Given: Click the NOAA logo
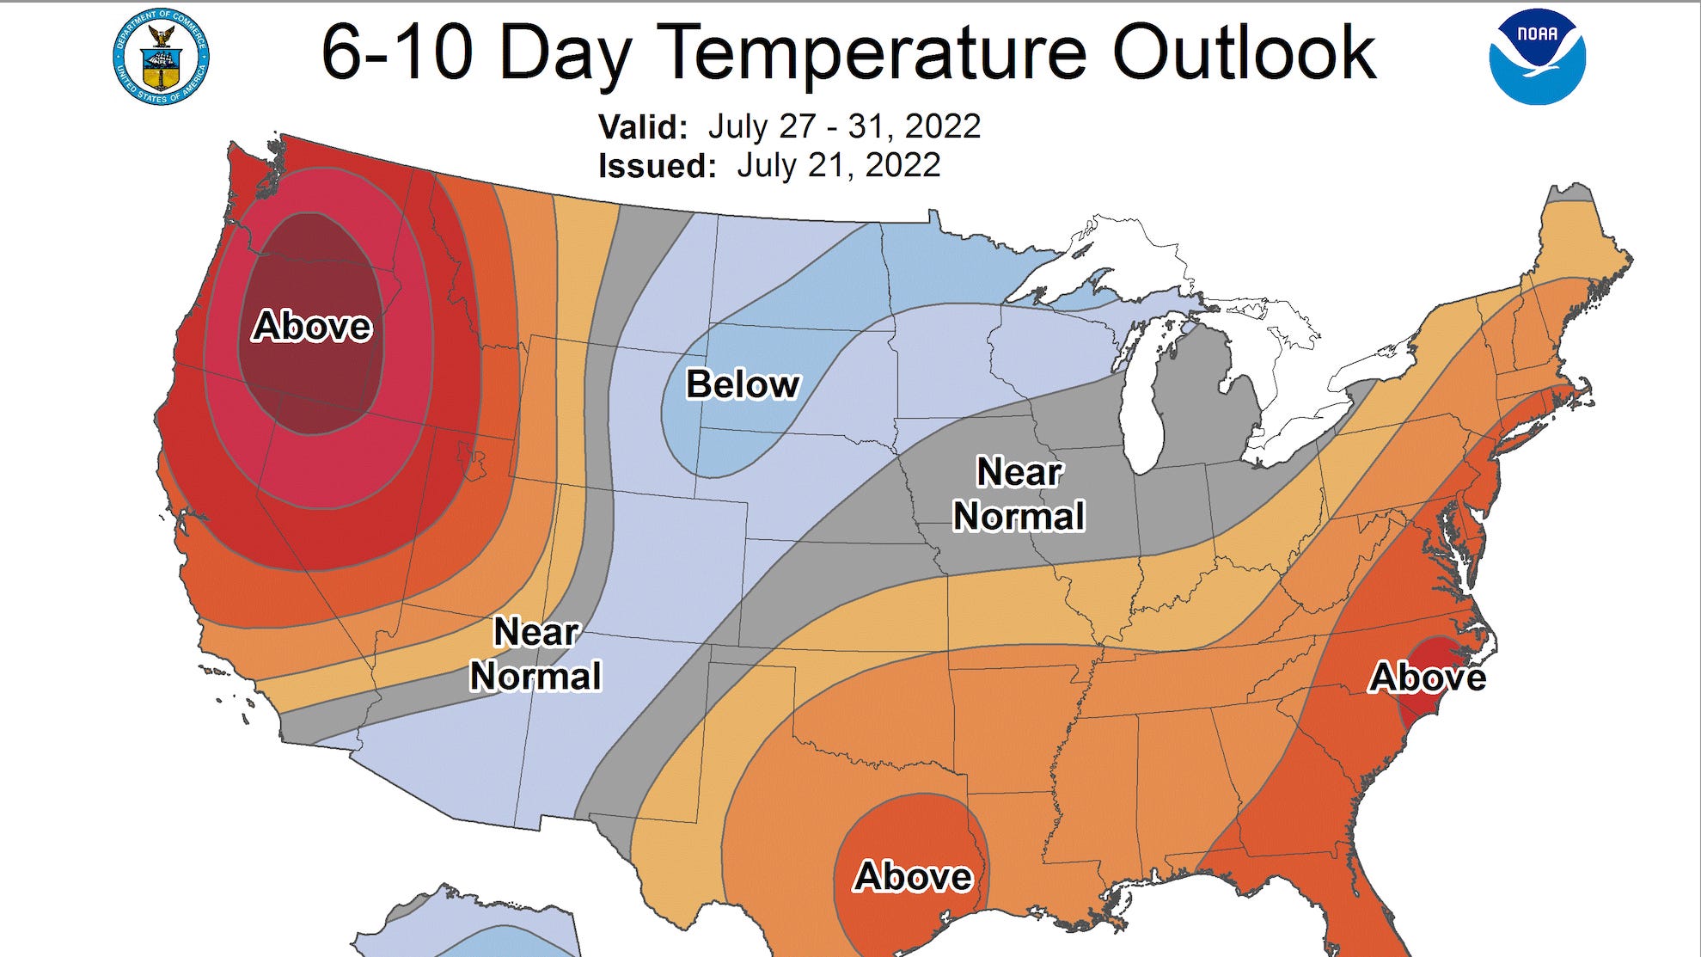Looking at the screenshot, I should (x=1537, y=56).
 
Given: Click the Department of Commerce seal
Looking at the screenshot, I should (x=161, y=58).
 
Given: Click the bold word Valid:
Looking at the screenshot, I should (x=643, y=127).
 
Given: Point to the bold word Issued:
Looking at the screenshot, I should (x=657, y=166).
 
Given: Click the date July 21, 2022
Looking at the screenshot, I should (x=838, y=165).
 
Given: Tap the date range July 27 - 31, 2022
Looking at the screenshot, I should (x=844, y=126).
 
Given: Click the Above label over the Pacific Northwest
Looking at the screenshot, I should (x=312, y=327).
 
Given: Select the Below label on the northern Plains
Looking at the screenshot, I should (x=743, y=384).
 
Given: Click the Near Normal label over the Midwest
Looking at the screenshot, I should (x=1019, y=494).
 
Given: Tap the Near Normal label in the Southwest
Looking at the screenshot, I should (x=535, y=654).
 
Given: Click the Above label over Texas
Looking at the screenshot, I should (x=913, y=876).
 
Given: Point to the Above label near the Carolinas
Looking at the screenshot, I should (x=1428, y=678).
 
